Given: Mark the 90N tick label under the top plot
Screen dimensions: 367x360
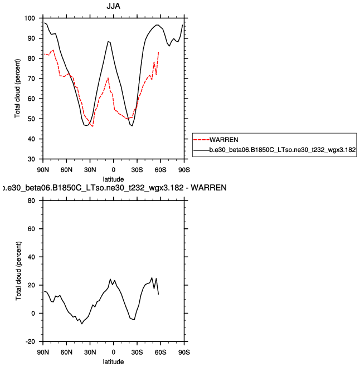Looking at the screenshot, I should [x=43, y=169].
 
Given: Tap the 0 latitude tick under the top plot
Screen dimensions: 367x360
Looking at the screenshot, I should [x=114, y=169].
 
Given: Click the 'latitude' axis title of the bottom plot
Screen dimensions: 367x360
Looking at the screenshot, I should [x=114, y=361].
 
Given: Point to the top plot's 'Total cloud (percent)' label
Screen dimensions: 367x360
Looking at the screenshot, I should [x=18, y=89].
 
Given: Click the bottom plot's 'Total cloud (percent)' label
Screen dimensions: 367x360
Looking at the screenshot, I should [x=18, y=271].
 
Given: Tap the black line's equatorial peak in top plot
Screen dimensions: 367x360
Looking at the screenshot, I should [x=109, y=41].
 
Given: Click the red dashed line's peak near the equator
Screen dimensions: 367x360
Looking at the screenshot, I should [x=108, y=78].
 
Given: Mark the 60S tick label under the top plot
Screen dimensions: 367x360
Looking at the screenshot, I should [x=160, y=169].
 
